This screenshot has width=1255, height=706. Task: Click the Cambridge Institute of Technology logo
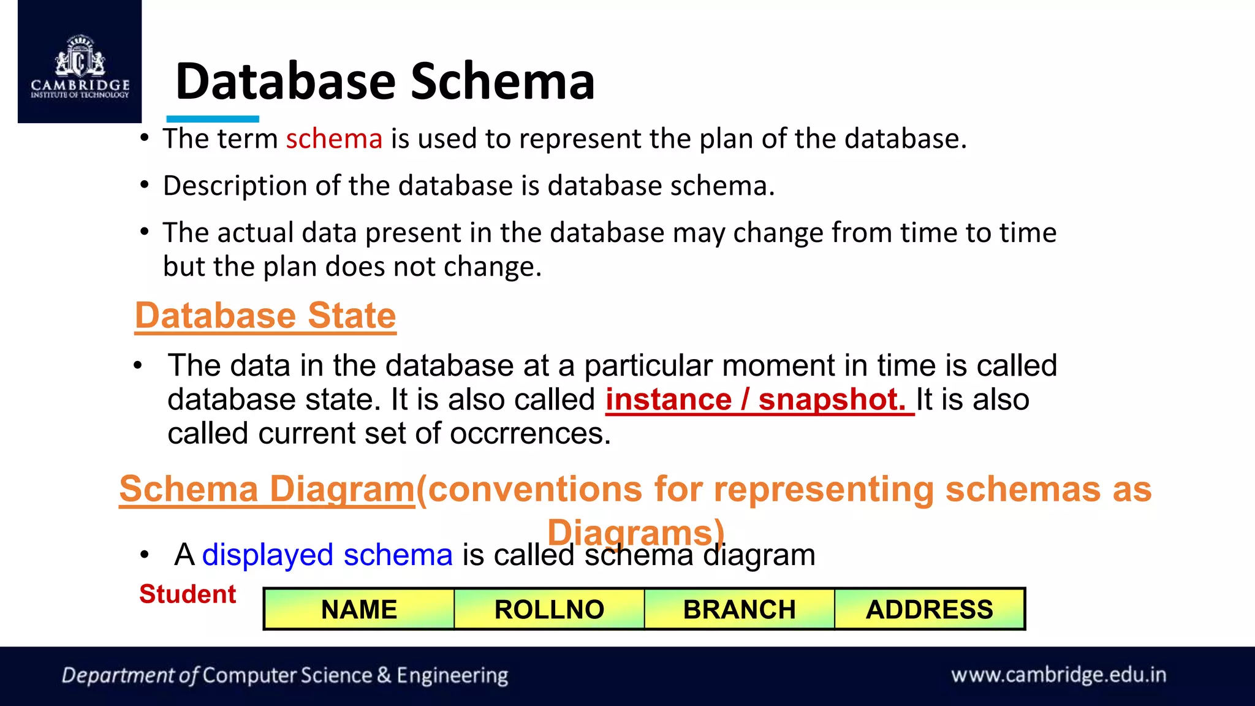(x=80, y=66)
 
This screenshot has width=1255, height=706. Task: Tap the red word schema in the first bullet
(x=334, y=139)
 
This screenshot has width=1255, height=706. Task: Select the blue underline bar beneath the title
(x=213, y=119)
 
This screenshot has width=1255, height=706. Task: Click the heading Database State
(x=265, y=316)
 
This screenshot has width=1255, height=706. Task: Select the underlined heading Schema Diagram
(x=267, y=489)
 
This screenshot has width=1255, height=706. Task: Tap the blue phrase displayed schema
(x=327, y=555)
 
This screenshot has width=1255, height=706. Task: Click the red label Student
(x=188, y=594)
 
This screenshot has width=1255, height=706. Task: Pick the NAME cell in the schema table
(x=359, y=609)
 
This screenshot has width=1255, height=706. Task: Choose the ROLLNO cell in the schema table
(x=549, y=609)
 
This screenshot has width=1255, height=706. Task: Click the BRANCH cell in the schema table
(x=739, y=609)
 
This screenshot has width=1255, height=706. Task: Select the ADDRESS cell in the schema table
(x=929, y=609)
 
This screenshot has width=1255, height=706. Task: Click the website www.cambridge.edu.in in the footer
(x=1058, y=675)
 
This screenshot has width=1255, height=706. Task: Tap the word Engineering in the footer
(x=452, y=675)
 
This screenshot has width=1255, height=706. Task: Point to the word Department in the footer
(x=118, y=675)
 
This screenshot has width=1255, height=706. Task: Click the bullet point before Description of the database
(x=144, y=184)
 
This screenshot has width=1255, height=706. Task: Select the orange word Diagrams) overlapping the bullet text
(x=635, y=532)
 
